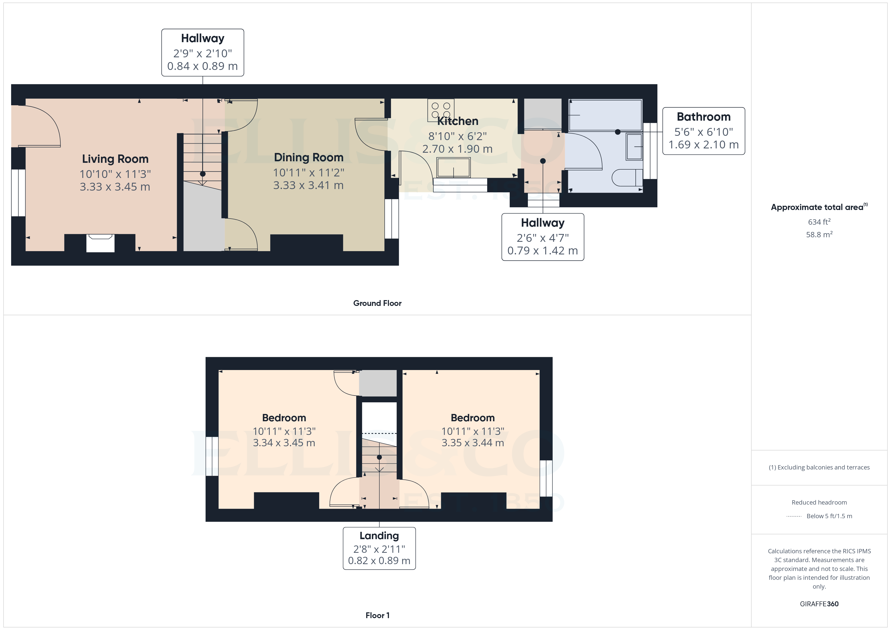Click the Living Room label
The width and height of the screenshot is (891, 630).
(115, 159)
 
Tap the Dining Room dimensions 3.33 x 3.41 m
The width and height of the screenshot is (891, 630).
(308, 186)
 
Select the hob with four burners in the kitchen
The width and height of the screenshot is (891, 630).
(441, 110)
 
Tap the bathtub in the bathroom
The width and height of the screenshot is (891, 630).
(605, 115)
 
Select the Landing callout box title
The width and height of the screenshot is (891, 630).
(379, 536)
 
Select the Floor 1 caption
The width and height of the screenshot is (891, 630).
(377, 615)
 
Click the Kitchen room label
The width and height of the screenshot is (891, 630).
(458, 121)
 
